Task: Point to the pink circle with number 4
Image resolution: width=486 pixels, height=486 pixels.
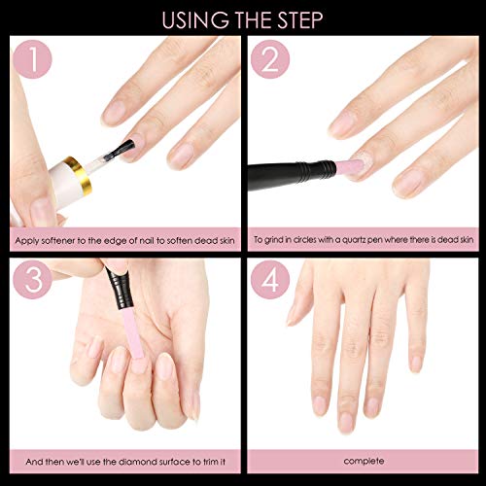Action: coord(273,283)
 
